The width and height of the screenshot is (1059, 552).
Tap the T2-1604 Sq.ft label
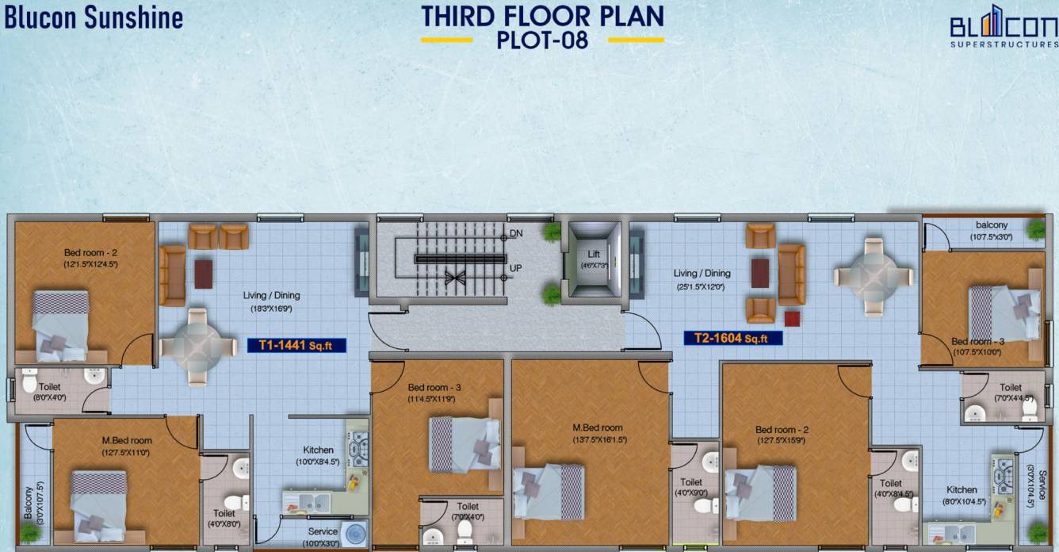[x=732, y=338]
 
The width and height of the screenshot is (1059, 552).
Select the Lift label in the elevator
[x=594, y=254]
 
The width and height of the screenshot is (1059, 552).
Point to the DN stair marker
[x=516, y=234]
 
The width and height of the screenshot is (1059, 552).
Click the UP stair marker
[x=515, y=268]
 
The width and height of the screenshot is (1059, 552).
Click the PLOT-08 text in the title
[x=542, y=40]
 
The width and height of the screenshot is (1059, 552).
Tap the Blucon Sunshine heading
[x=94, y=17]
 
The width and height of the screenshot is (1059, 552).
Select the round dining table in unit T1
[x=198, y=347]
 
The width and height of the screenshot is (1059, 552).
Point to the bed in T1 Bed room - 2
[x=60, y=325]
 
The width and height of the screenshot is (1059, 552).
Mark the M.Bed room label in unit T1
[x=127, y=441]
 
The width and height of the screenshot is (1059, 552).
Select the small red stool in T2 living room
[x=792, y=318]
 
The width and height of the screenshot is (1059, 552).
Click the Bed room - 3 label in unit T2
[x=977, y=341]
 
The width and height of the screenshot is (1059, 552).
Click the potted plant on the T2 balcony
[x=1034, y=229]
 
